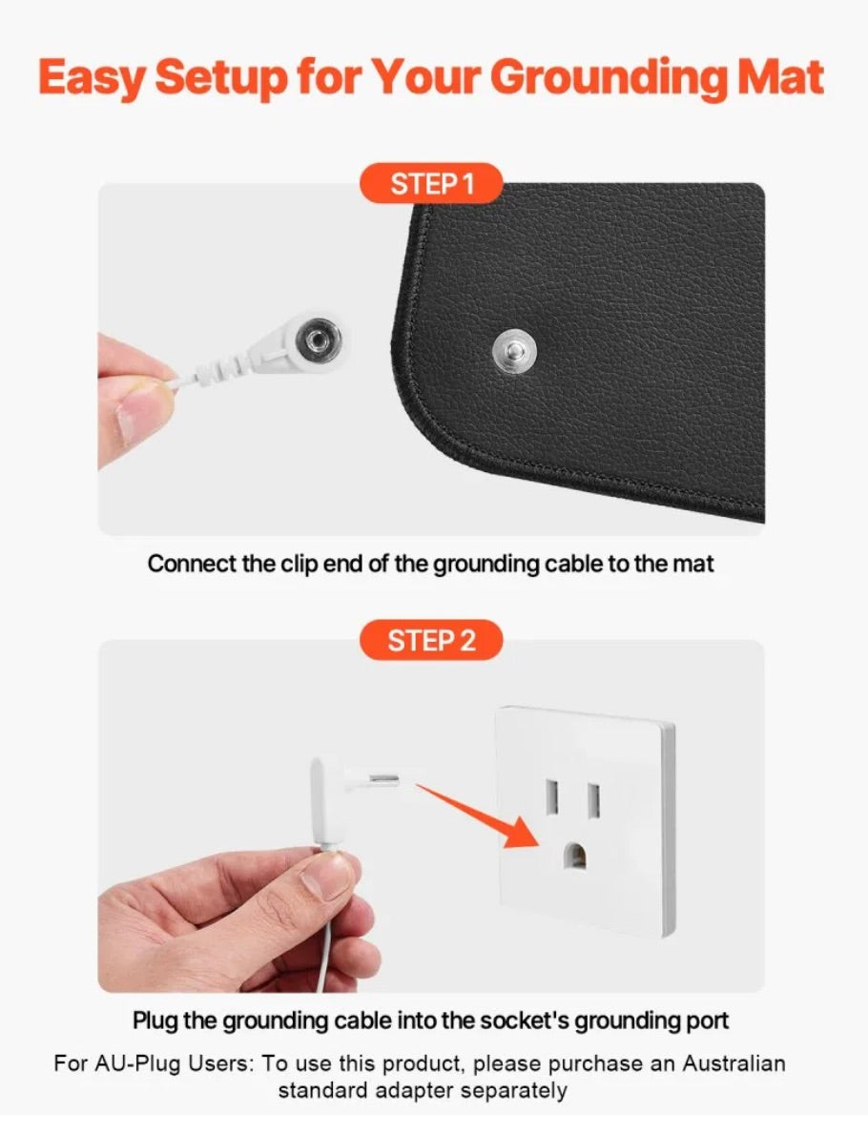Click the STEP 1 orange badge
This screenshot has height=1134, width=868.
[x=431, y=184]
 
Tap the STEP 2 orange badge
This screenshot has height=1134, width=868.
[x=431, y=640]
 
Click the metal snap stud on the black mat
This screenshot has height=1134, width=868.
[x=514, y=351]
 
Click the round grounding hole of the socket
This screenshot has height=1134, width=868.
[x=574, y=855]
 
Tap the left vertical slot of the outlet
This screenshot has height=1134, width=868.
[x=552, y=798]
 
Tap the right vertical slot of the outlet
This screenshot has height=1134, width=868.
[x=594, y=800]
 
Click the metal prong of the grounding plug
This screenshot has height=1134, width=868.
[x=383, y=779]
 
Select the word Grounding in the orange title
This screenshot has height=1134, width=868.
[x=610, y=78]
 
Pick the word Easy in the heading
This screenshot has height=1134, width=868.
[x=92, y=78]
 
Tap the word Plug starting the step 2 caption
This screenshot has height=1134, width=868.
[x=155, y=1021]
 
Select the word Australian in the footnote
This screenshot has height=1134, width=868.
[x=734, y=1063]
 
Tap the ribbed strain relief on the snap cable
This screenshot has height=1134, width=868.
[x=220, y=368]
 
